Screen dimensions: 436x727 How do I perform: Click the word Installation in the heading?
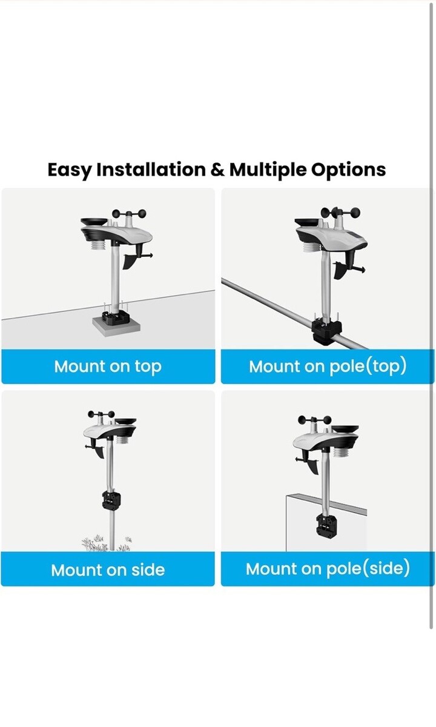[151, 170]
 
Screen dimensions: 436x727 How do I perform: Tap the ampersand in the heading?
[217, 170]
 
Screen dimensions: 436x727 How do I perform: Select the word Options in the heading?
[348, 170]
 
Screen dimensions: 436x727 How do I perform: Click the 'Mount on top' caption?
[108, 367]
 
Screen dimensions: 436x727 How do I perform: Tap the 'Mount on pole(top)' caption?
[328, 367]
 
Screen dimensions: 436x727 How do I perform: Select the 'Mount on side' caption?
[108, 570]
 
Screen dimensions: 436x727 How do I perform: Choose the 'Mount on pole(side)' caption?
[328, 569]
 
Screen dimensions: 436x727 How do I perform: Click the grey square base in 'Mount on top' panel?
[116, 327]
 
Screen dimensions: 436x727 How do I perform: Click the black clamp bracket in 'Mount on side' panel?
[111, 500]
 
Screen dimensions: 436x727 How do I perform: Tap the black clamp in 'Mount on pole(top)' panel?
[327, 333]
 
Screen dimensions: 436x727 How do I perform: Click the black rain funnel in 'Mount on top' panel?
[94, 222]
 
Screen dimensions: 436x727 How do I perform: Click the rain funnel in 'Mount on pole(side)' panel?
[345, 428]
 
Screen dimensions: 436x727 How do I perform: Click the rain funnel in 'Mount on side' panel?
[126, 422]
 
